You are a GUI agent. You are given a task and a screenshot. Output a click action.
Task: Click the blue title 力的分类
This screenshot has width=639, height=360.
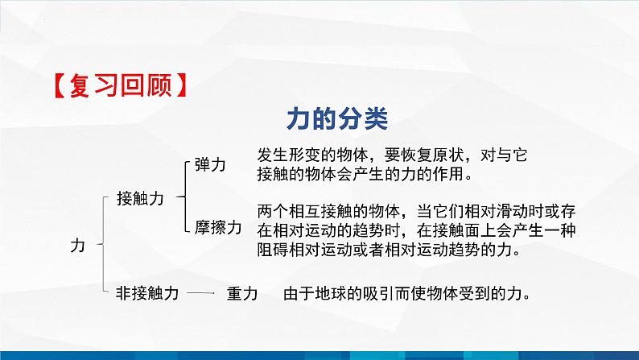(338, 118)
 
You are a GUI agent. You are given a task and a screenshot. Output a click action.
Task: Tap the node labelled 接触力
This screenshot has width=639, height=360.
(140, 197)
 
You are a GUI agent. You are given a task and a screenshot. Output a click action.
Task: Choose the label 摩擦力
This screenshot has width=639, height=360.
(218, 228)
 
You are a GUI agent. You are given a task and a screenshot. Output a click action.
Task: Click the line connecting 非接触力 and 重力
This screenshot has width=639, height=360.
(198, 294)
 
